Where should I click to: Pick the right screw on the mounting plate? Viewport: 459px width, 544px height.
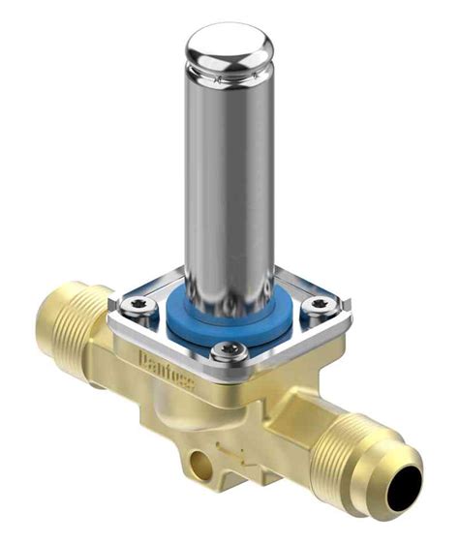point(318,308)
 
